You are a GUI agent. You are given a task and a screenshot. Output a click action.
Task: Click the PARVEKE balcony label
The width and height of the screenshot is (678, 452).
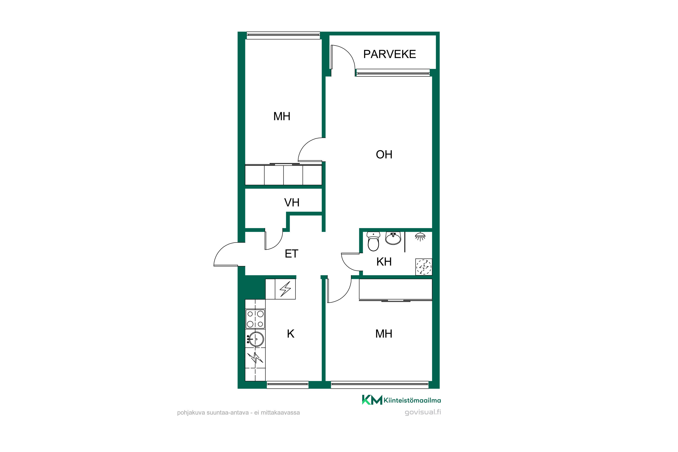(x=389, y=54)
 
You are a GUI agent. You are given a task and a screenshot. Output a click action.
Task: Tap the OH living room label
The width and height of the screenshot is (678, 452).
(x=384, y=155)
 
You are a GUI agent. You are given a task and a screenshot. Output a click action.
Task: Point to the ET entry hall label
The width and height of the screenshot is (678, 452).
(x=292, y=254)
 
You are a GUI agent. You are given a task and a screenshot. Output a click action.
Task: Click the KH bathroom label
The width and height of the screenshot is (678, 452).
(x=384, y=262)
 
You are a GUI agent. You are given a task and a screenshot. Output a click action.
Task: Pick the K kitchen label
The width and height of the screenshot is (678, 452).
(x=291, y=334)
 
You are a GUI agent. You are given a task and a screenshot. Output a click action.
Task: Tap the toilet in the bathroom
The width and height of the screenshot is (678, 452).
(x=373, y=242)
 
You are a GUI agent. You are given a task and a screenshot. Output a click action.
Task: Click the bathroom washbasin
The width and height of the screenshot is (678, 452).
(x=393, y=238)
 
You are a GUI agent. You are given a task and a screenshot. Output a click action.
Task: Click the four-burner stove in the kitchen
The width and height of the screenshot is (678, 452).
(x=255, y=319)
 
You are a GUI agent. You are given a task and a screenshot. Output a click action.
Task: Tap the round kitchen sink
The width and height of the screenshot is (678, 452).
(x=255, y=339)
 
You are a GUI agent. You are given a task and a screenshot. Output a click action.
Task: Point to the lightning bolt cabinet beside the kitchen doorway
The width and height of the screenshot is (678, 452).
(x=285, y=289)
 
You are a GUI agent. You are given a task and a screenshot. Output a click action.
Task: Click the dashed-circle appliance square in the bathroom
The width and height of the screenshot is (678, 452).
(x=424, y=267)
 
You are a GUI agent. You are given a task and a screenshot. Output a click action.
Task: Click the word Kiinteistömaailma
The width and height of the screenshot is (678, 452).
(x=412, y=400)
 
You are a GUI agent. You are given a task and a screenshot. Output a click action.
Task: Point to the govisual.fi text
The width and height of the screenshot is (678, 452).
(x=423, y=412)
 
